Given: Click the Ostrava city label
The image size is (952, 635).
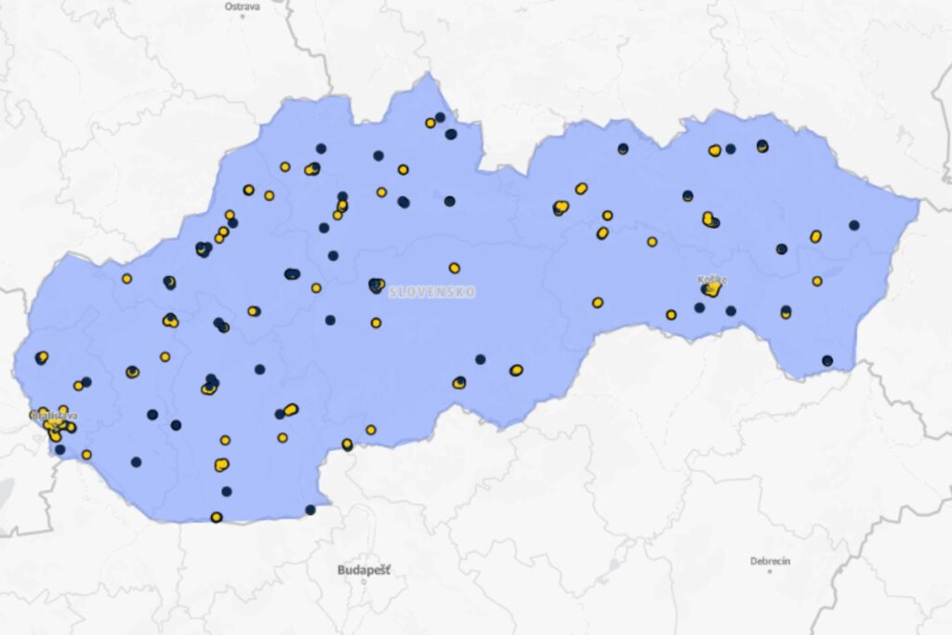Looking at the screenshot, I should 243,6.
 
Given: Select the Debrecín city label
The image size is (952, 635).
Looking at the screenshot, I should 771,561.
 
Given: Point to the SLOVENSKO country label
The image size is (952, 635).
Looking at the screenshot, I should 432,292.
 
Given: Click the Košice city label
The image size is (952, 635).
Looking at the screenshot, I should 713,279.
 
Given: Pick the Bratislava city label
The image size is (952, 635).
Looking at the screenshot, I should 53,416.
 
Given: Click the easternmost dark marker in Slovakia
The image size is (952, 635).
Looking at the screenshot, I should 853,225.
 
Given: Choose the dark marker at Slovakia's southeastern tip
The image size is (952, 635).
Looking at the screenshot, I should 827,361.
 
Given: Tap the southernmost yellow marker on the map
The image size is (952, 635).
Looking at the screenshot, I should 216,517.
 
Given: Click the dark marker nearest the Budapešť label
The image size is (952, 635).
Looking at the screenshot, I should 310,509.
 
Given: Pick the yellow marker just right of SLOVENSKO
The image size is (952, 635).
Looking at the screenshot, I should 454,268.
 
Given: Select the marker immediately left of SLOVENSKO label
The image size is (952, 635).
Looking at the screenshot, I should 376,285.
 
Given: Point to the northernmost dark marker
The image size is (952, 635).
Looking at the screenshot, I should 440,117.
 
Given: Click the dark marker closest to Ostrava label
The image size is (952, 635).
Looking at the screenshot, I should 321,148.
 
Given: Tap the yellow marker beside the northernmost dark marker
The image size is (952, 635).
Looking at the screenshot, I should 430,123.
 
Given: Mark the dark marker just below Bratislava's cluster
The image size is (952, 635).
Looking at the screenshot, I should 60,450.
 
